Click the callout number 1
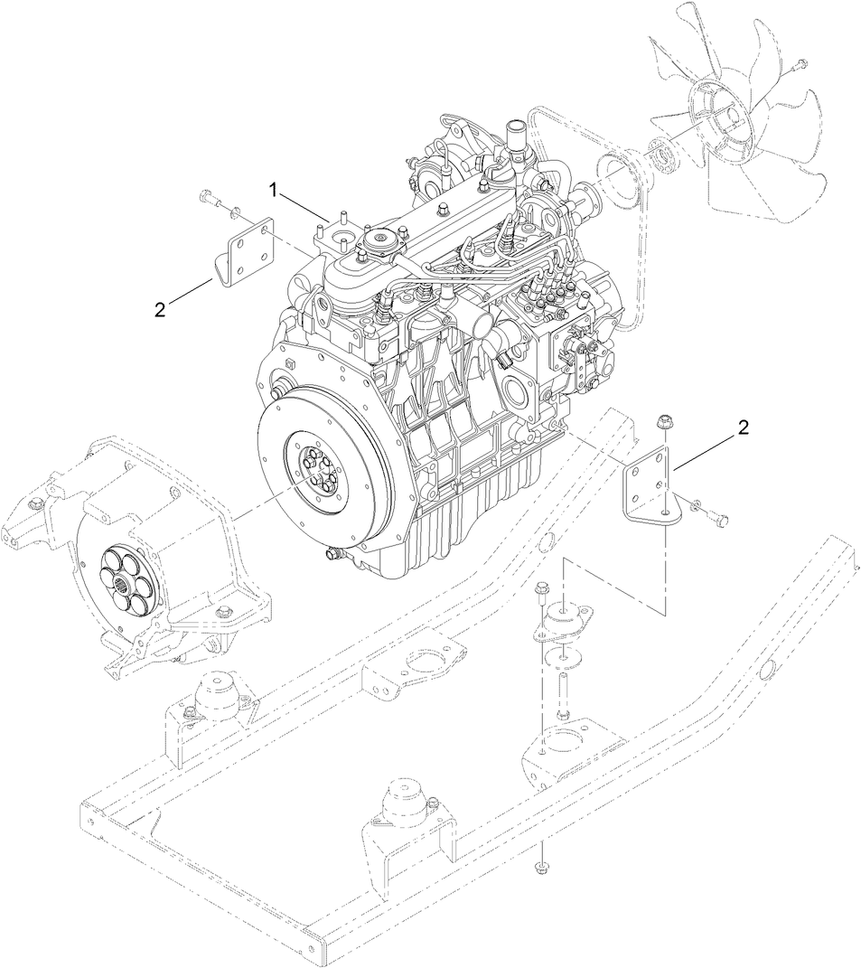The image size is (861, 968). point(271,189)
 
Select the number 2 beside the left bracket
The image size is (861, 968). point(160,309)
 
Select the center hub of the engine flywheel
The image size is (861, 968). point(319,471)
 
